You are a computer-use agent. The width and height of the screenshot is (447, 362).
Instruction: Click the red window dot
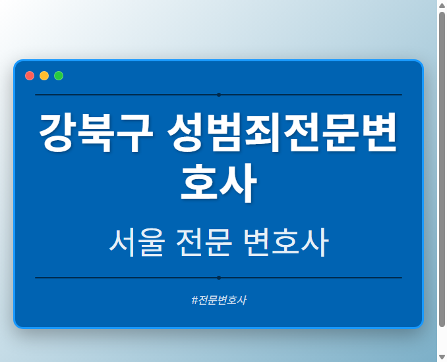(30, 76)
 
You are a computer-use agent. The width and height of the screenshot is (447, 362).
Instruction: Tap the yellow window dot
(44, 76)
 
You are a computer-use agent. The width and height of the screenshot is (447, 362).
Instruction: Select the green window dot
(59, 76)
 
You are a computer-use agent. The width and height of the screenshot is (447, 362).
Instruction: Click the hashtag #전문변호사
(219, 300)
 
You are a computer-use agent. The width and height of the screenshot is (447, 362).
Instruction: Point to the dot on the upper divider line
(219, 95)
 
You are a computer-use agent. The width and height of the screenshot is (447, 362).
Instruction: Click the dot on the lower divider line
(219, 278)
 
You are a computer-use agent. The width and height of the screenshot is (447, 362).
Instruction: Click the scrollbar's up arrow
(442, 5)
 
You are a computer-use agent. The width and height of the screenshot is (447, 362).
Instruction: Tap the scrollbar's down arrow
(442, 357)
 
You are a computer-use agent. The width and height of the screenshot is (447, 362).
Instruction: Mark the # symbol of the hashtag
(194, 300)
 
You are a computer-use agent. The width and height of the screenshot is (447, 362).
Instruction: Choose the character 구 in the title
(134, 134)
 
